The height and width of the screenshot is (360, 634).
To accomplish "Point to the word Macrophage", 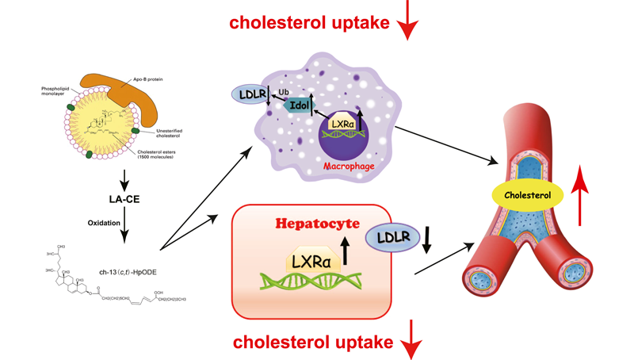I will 349,168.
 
